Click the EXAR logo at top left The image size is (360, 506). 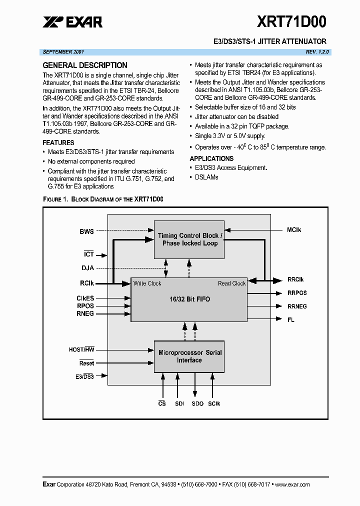72,22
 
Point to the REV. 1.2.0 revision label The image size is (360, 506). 317,52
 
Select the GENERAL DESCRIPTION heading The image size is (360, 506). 85,65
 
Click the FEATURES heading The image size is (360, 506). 58,142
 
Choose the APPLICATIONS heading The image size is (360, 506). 211,158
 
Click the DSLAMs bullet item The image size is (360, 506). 206,177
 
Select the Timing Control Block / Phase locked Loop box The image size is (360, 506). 188,239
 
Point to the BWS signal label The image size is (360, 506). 86,231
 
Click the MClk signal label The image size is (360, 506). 294,230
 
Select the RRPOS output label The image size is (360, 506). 297,293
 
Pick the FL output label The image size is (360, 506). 290,319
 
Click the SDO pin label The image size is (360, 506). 197,403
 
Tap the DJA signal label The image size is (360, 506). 87,268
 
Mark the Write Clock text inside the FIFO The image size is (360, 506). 147,283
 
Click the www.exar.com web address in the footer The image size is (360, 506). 292,484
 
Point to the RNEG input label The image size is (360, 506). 85,314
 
